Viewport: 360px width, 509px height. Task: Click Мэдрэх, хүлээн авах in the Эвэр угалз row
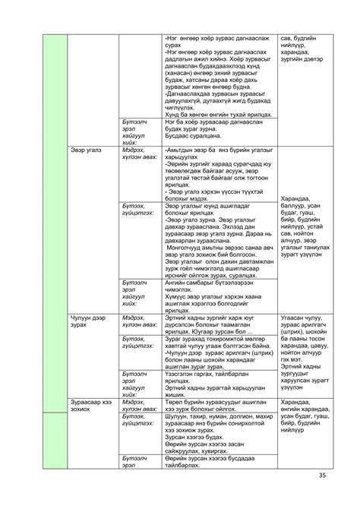coord(139,154)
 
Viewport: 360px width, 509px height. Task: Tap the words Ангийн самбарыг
coord(194,282)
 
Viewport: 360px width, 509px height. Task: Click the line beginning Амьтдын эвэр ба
coord(216,150)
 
